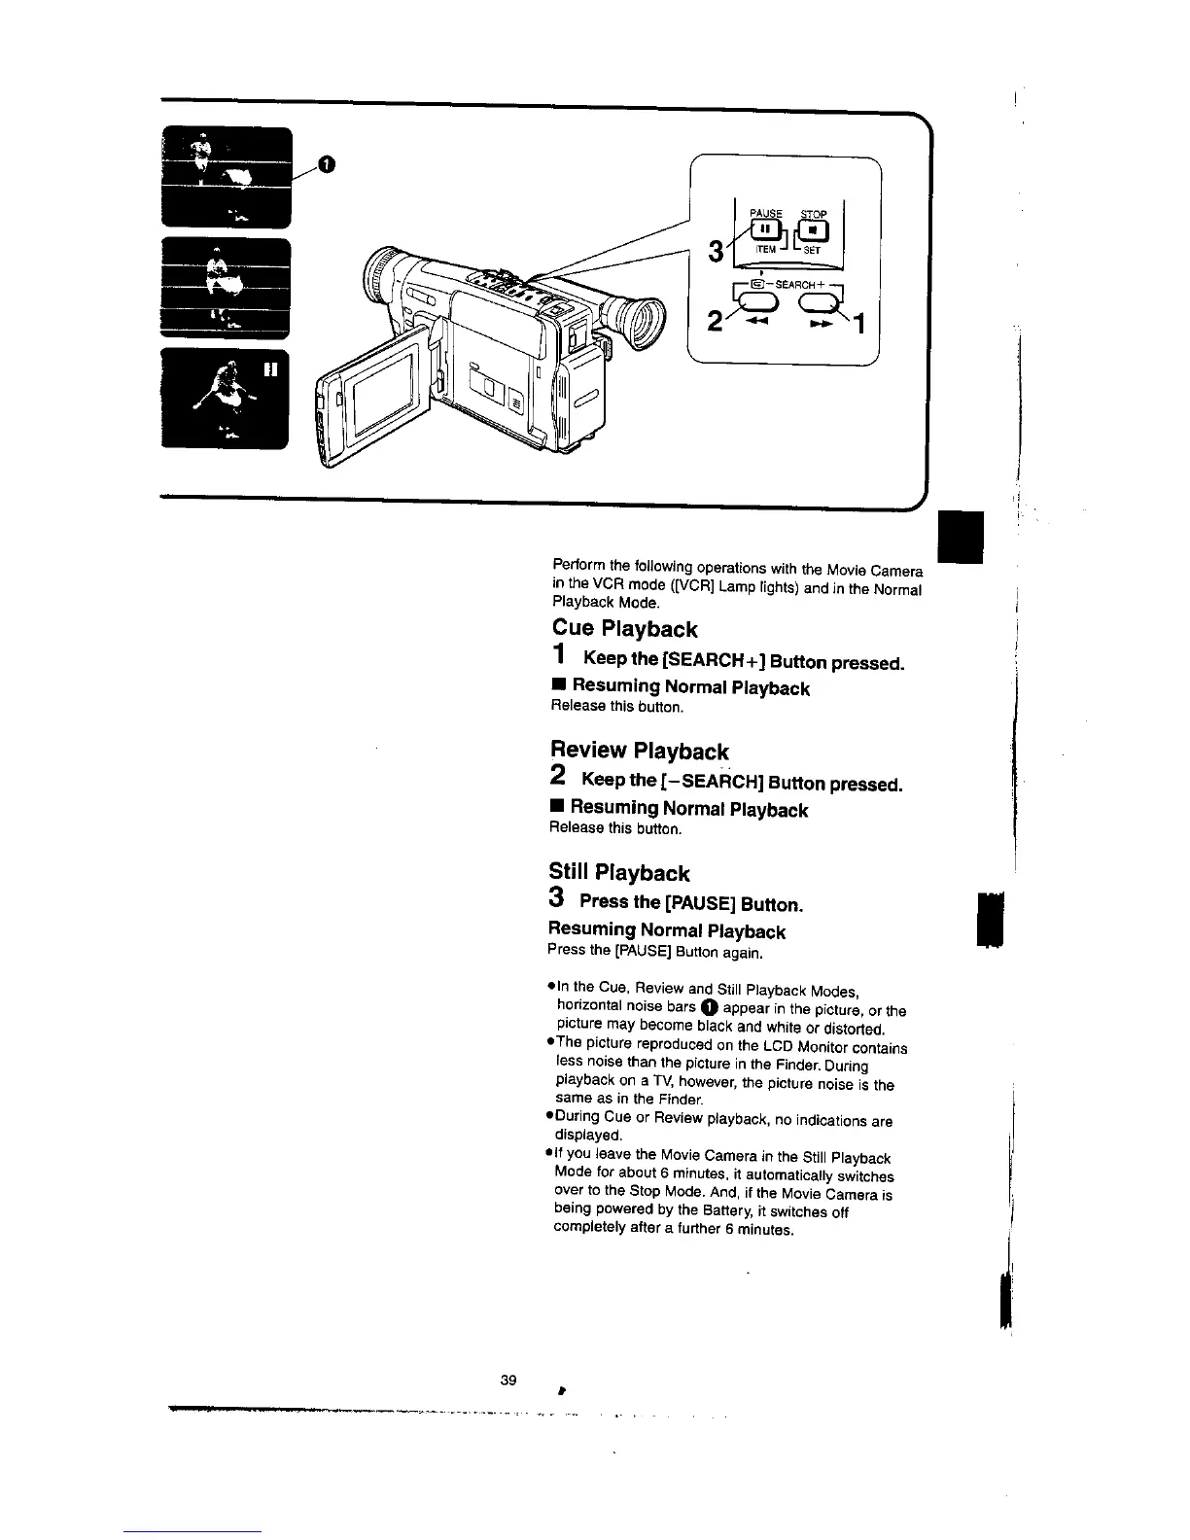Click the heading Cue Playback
[x=624, y=629]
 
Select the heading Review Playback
[x=639, y=751]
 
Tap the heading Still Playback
[x=619, y=872]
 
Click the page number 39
[x=507, y=1381]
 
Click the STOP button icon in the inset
[x=814, y=230]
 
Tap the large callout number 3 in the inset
[x=717, y=252]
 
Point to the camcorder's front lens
[x=383, y=274]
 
